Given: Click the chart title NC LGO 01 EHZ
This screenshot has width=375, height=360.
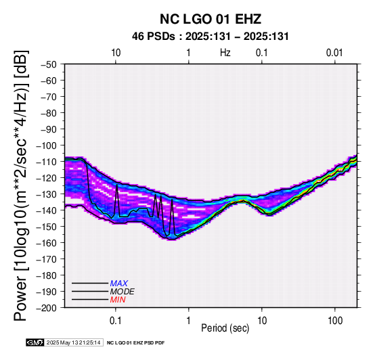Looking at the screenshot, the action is click(211, 19).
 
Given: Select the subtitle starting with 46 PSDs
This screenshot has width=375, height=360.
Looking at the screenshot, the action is click(211, 37).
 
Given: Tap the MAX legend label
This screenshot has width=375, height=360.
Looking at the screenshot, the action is click(119, 284).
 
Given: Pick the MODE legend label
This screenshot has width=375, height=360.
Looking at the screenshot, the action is click(123, 292).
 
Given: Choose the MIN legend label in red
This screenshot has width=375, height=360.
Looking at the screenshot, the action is click(118, 300).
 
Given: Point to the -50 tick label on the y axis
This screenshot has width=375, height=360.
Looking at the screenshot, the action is click(49, 64).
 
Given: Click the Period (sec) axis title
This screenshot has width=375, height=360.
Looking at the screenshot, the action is click(225, 328).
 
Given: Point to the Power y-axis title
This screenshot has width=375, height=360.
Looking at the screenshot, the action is click(20, 185).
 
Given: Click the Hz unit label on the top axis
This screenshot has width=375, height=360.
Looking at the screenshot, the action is click(225, 53).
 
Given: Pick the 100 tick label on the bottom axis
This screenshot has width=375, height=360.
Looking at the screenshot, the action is click(335, 321).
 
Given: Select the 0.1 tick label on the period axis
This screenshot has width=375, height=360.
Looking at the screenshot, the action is click(116, 321).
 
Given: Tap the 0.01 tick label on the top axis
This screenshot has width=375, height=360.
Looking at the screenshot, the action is click(334, 53).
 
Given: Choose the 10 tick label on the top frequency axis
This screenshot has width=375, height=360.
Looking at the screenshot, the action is click(116, 53).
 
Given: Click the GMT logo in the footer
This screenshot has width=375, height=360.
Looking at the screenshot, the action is click(35, 342).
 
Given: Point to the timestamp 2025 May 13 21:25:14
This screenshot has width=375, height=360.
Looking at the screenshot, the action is click(73, 342).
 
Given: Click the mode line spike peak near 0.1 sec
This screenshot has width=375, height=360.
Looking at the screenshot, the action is click(117, 185).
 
